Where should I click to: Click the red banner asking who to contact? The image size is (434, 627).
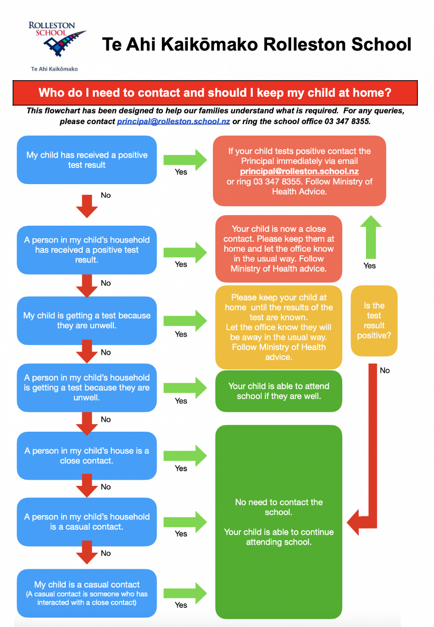(x=215, y=93)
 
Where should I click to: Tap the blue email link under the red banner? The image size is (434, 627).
(x=173, y=122)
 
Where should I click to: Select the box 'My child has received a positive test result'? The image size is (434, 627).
(x=87, y=160)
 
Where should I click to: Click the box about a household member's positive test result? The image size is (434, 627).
(x=87, y=250)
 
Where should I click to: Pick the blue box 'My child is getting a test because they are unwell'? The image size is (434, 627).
(x=87, y=320)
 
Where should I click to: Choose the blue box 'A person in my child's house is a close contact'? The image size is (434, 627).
(x=87, y=456)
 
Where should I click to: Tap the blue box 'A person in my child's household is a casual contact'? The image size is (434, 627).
(x=87, y=522)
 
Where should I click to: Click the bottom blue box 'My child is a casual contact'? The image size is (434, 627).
(x=87, y=593)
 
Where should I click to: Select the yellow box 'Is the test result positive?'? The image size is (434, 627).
(x=374, y=320)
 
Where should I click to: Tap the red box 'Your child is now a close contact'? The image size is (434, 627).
(x=278, y=249)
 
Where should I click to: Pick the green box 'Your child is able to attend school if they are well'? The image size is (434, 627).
(x=278, y=391)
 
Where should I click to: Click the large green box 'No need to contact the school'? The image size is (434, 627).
(x=278, y=522)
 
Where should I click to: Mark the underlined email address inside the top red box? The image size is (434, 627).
(x=299, y=171)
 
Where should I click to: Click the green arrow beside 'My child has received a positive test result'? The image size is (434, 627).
(x=185, y=160)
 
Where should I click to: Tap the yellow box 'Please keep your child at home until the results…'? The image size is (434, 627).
(x=278, y=327)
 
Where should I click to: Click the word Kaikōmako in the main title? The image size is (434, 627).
(x=209, y=44)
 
